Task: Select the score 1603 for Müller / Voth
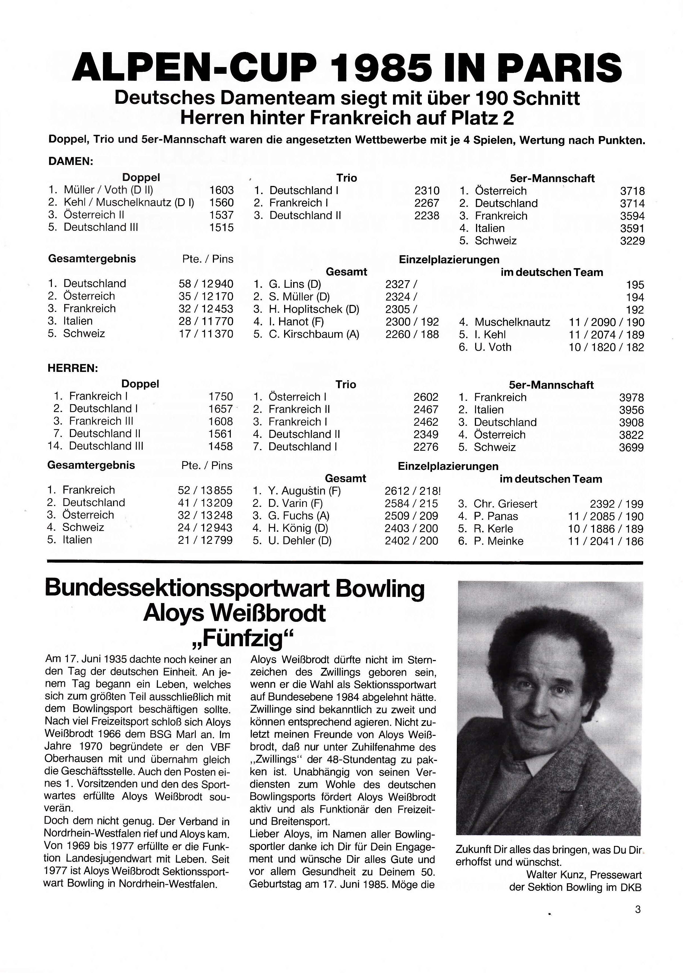point(221,190)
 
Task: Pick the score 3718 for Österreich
point(632,191)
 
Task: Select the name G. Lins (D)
point(295,284)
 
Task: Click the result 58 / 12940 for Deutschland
point(206,284)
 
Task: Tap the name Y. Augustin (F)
point(304,491)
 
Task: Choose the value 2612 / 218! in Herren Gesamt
point(412,491)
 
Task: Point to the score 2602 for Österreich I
point(426,397)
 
